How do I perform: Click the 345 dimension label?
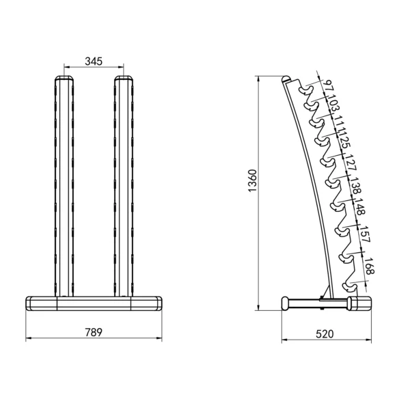pos(94,61)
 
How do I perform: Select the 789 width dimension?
pos(94,333)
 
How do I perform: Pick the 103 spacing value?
pos(333,105)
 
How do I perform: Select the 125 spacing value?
pos(345,141)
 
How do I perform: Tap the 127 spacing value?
pos(351,164)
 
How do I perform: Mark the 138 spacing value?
pos(355,187)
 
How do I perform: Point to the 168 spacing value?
pos(369,266)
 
